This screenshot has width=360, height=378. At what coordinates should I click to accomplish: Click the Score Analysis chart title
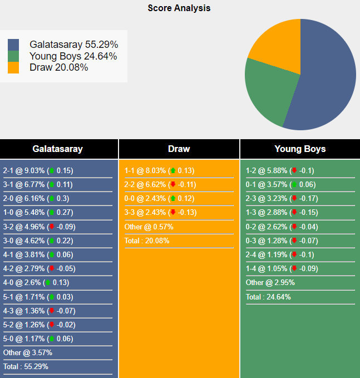pos(179,8)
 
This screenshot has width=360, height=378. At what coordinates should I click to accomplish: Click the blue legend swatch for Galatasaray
pos(13,45)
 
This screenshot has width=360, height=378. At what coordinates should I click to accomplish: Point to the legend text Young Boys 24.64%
pos(73,56)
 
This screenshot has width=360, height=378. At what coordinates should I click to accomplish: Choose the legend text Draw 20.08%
pos(58,67)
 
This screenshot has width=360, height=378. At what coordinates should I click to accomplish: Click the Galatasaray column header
pos(58,149)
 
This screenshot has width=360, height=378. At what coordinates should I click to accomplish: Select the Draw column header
pos(179,149)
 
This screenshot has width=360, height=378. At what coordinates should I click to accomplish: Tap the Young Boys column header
pos(300,149)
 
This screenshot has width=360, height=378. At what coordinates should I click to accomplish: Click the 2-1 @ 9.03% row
pos(38,171)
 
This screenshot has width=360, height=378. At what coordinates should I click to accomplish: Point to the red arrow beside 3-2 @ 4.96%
pos(52,227)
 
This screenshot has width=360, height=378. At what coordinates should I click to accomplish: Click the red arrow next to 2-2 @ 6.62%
pos(173,185)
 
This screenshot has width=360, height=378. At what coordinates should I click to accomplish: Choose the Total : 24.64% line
pos(268,297)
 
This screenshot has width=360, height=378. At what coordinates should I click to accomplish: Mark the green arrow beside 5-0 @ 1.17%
pos(52,339)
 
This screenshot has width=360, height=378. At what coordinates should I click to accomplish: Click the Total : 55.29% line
pos(26,367)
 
